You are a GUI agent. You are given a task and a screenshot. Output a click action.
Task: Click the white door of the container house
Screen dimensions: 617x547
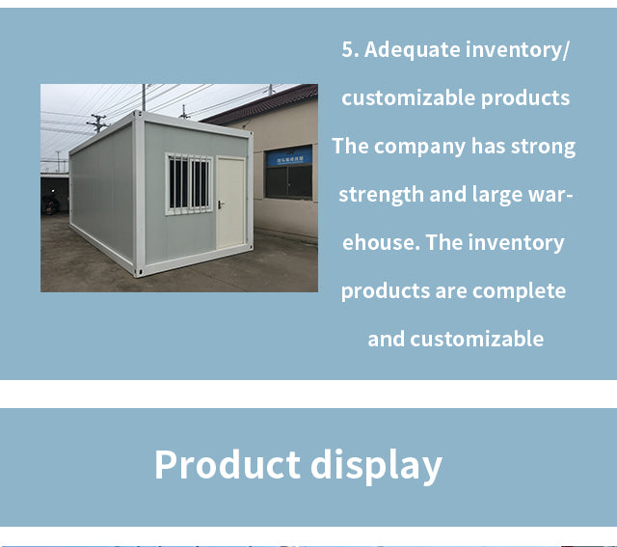pos(231,203)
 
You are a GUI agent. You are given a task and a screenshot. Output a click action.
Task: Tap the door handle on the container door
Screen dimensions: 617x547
pos(221,205)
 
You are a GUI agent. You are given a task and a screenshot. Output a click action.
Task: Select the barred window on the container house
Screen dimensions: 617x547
pos(189,183)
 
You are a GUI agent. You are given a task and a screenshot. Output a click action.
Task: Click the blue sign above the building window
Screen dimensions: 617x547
pos(289,156)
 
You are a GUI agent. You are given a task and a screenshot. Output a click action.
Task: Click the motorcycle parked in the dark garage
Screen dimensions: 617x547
pos(50,204)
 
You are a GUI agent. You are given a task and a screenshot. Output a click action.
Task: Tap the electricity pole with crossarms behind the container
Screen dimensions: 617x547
pos(97,123)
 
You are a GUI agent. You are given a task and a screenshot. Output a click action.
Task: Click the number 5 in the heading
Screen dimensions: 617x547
pos(348,49)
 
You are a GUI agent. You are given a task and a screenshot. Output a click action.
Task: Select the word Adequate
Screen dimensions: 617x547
pos(412,50)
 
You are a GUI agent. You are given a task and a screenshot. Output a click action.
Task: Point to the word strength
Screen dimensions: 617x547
pos(381,195)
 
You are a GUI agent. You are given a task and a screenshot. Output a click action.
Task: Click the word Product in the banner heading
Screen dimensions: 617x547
pos(228,464)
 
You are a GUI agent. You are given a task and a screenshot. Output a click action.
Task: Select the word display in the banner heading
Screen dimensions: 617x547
pos(377,466)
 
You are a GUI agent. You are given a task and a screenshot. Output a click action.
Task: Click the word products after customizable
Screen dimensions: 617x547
pos(525,98)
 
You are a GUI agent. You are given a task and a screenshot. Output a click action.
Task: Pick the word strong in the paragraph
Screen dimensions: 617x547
pos(543,148)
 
